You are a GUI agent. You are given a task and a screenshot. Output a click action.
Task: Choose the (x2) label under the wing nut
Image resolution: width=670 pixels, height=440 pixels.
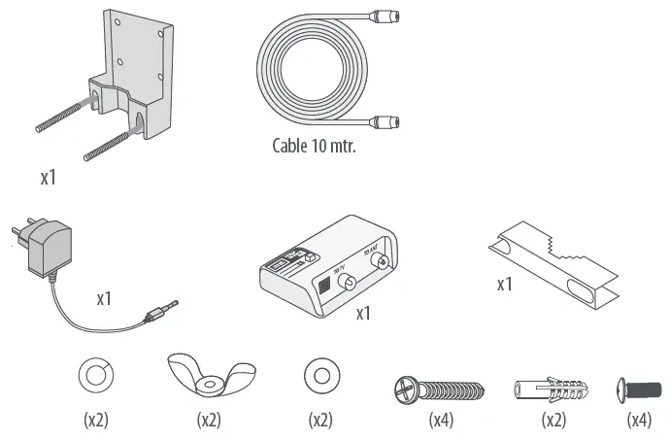(210, 422)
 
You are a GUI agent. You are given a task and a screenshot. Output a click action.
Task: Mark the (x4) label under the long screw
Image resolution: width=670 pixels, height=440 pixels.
(442, 422)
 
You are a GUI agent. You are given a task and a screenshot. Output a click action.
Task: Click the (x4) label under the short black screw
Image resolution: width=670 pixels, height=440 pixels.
(638, 422)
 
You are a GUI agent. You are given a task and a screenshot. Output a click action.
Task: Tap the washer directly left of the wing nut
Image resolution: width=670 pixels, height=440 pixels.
(95, 375)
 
